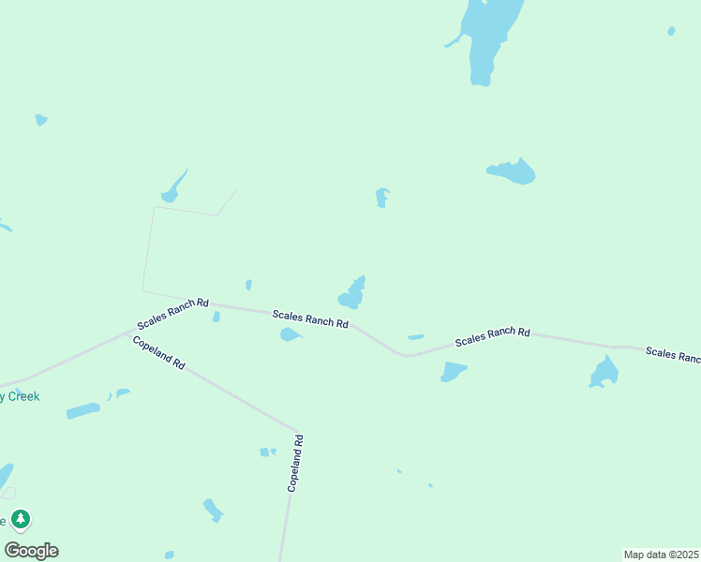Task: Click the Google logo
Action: tap(31, 551)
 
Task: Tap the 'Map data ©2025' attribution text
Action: tap(661, 554)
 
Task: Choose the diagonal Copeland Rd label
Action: tap(159, 351)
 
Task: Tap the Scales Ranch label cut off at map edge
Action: tap(673, 354)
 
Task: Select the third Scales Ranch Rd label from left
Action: tap(493, 337)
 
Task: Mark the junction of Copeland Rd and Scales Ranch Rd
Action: tap(129, 332)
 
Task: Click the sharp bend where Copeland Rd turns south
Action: tap(298, 432)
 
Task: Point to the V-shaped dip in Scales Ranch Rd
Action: tap(405, 355)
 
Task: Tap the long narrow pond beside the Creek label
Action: tap(82, 410)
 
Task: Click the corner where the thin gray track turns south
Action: tap(154, 207)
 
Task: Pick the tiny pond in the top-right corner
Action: tap(671, 31)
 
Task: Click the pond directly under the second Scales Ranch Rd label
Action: tap(291, 334)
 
